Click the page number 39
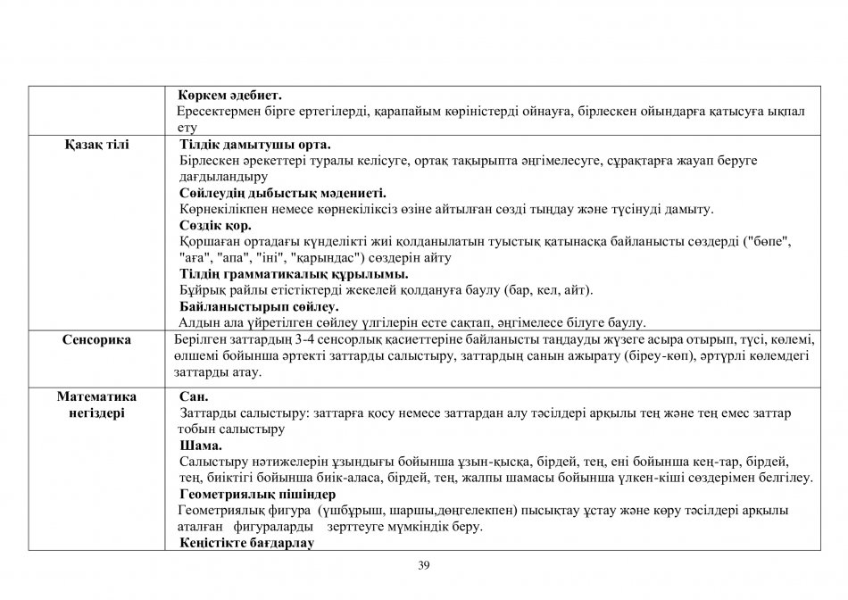(424, 564)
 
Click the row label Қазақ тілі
(97, 144)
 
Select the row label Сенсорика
(97, 339)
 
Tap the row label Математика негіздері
(97, 404)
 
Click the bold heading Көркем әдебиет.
(229, 95)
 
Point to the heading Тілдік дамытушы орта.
(255, 144)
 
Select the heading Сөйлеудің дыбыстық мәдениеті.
(283, 193)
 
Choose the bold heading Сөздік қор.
(215, 225)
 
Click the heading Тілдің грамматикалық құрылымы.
(294, 274)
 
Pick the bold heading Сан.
(194, 396)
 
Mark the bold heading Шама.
(201, 446)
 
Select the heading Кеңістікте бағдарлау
(247, 543)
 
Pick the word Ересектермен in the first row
(214, 112)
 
